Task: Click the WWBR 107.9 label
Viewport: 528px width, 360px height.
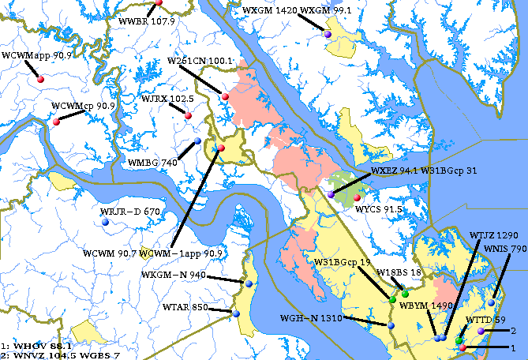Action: point(146,21)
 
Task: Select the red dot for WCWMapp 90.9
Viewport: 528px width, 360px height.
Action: point(39,79)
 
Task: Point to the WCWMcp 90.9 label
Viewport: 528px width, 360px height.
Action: point(83,106)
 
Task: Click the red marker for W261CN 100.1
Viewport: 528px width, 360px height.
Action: point(225,96)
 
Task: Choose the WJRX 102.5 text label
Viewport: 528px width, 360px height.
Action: point(167,99)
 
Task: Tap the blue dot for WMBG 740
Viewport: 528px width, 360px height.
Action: point(198,141)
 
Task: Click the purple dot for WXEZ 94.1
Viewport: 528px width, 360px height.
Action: point(331,193)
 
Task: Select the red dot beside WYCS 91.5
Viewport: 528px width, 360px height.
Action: point(357,197)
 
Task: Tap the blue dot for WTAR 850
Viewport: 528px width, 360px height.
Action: point(236,313)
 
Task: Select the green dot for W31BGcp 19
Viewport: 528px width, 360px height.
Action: point(392,299)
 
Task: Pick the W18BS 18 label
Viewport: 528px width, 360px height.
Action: point(396,272)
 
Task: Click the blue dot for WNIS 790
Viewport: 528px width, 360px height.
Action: point(491,302)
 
